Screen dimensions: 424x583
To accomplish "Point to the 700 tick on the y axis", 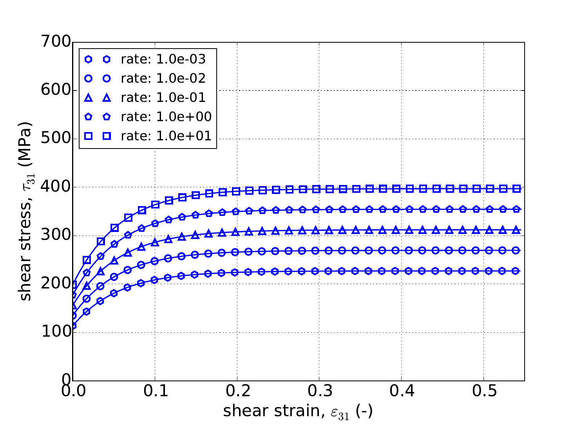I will [x=55, y=42].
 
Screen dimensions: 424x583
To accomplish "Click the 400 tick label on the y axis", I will [x=55, y=187].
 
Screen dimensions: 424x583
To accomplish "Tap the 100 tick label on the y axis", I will [x=55, y=332].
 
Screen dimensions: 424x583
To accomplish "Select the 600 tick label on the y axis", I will [x=55, y=90].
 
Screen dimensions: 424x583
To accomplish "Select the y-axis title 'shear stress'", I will [x=26, y=212].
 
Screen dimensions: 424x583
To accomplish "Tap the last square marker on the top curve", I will [x=517, y=188].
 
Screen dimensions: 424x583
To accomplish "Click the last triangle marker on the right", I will [x=517, y=230].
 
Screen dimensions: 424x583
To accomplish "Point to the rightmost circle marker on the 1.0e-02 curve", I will [x=517, y=250].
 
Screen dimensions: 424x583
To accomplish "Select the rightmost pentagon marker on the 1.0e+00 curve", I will [x=517, y=209].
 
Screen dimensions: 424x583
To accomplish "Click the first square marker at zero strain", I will [x=73, y=285].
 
